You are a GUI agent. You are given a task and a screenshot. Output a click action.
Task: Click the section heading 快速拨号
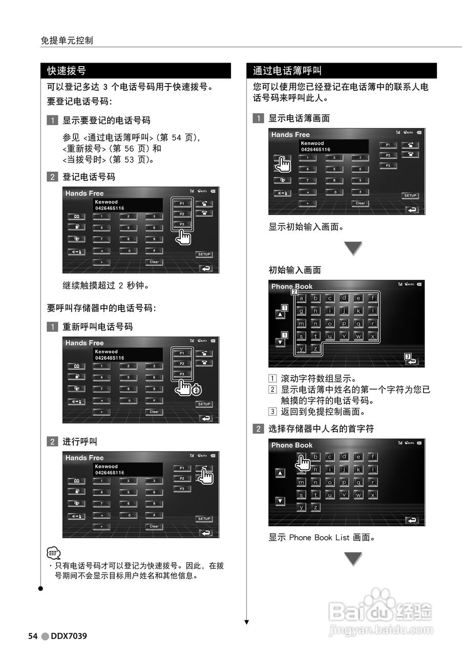(67, 71)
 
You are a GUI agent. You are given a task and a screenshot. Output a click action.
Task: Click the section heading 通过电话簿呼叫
(287, 71)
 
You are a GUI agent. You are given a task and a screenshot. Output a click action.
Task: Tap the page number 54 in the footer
(33, 636)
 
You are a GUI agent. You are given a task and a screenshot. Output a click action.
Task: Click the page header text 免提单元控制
(67, 40)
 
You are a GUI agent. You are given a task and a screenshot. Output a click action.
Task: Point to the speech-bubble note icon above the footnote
(53, 553)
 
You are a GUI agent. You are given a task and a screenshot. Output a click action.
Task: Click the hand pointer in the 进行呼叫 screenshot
(205, 476)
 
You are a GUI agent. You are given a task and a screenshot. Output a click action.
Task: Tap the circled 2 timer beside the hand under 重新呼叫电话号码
(196, 391)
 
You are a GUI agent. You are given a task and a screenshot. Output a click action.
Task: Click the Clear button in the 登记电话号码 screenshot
(154, 262)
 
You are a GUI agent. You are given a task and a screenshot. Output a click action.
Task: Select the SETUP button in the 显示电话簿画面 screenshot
(410, 195)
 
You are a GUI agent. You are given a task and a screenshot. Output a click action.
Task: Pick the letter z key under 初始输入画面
(316, 348)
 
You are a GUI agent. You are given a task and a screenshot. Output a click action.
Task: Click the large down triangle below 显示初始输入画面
(352, 249)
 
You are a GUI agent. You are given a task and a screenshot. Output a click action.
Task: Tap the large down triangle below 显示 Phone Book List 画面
(352, 559)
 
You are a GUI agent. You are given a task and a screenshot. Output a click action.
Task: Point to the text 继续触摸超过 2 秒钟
(106, 285)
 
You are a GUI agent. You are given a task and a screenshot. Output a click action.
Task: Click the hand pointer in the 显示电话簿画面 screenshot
(282, 164)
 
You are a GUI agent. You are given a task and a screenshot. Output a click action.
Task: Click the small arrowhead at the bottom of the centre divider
(246, 622)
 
